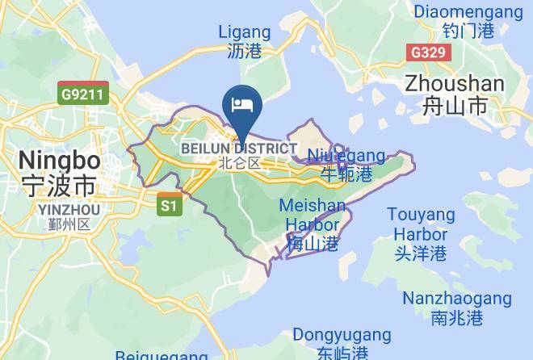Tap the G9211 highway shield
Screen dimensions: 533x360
[x=83, y=94]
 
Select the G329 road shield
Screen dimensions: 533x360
[x=428, y=52]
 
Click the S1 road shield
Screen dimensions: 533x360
[x=168, y=205]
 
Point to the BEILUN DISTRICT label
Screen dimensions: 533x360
[x=238, y=149]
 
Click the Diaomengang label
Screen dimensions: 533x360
[x=468, y=12]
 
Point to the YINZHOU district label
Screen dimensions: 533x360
[x=69, y=210]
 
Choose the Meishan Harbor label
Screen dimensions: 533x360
[x=313, y=215]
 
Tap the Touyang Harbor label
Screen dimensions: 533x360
[x=420, y=224]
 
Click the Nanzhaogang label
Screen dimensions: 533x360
[x=457, y=298]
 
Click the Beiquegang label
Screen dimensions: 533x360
[x=162, y=355]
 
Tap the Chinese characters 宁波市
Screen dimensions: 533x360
[x=58, y=184]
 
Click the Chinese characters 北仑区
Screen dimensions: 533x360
[x=240, y=163]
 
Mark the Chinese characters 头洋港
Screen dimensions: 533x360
[x=420, y=253]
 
